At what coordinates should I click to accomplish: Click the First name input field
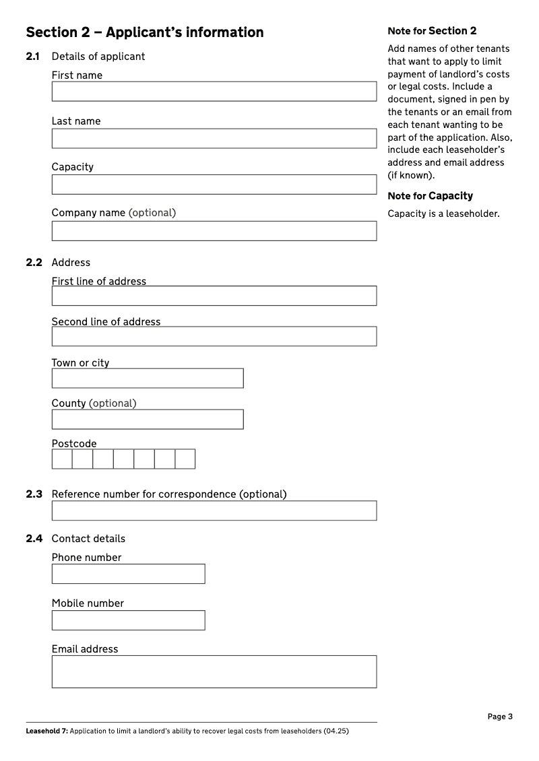coord(214,92)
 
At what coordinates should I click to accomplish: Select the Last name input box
coord(214,138)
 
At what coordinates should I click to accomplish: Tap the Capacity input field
coord(214,185)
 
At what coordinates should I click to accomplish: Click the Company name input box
coord(214,231)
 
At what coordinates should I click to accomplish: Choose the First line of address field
coord(214,296)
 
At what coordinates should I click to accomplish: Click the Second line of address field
coord(214,336)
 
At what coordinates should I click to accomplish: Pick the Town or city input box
coord(148,378)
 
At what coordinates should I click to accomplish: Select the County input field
coord(148,419)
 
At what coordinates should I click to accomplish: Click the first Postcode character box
coord(62,459)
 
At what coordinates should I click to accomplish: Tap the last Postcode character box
coord(185,459)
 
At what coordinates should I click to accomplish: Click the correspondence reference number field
coord(214,510)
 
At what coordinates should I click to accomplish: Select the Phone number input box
coord(128,574)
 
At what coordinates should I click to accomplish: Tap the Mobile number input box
coord(128,620)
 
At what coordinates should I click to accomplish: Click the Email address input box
coord(214,671)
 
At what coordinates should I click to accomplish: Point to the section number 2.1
coord(34,57)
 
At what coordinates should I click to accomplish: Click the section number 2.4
coord(34,539)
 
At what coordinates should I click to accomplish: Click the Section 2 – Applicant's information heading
coord(145,32)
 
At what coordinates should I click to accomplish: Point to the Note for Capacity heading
coord(430,196)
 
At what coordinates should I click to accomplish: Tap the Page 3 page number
coord(500,717)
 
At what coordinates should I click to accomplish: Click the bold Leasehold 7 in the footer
coord(46,731)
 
